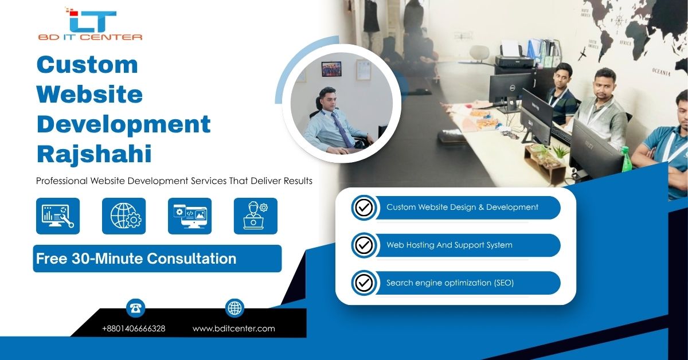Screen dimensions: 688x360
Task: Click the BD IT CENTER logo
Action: (90, 24)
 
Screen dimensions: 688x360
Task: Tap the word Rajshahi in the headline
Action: (94, 154)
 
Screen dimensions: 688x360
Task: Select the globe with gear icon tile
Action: (124, 216)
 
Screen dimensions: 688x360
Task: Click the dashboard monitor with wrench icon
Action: (58, 216)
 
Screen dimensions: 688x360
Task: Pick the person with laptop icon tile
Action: (256, 216)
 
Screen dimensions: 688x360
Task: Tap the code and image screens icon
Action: (190, 216)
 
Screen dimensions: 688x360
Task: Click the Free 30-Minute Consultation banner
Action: (157, 259)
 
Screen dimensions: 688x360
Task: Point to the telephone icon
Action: (135, 308)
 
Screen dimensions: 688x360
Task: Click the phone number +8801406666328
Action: (134, 328)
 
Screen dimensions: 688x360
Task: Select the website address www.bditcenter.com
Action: (234, 328)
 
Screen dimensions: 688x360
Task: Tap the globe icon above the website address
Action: (234, 308)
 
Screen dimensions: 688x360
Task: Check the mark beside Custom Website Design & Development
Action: (364, 208)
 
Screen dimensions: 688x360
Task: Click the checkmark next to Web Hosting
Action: (364, 245)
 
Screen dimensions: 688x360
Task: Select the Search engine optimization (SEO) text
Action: (450, 283)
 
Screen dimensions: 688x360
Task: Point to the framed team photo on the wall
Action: (331, 69)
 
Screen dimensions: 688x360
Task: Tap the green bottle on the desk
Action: (626, 159)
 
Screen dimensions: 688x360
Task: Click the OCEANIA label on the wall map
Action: (661, 72)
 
